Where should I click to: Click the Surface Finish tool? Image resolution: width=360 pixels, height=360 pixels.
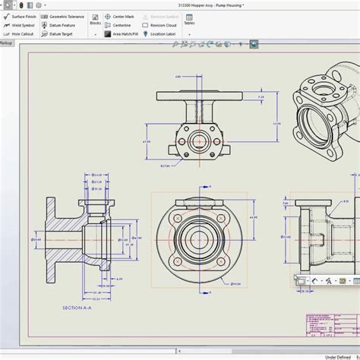click(23, 16)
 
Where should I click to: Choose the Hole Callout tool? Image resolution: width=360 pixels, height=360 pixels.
click(21, 33)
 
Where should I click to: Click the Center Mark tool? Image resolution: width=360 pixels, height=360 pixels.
click(121, 16)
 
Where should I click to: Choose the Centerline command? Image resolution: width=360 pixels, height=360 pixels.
click(120, 25)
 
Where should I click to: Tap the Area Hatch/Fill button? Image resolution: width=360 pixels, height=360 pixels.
click(125, 33)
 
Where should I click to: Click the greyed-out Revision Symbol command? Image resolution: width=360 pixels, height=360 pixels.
click(163, 16)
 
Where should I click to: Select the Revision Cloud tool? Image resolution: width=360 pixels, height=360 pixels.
click(162, 25)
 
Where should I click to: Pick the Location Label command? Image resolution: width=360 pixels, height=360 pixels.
click(161, 33)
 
